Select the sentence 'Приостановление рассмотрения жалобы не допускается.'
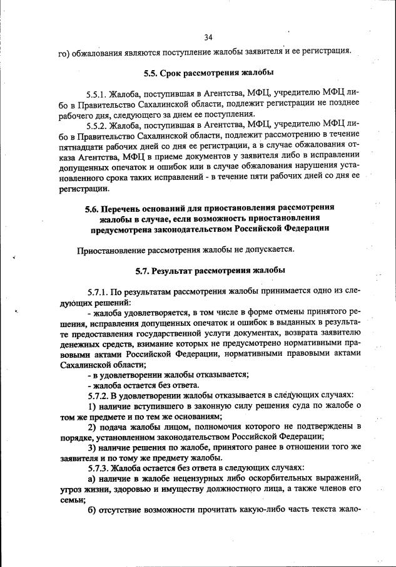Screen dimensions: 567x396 coord(185,249)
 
